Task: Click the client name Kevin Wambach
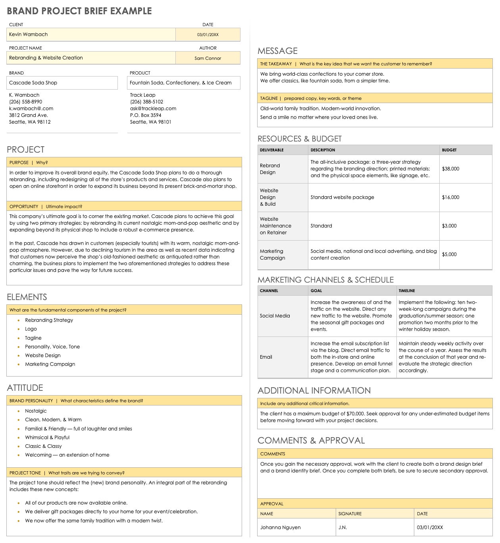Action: [29, 34]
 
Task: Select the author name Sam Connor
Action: [208, 58]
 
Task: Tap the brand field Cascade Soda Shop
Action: [33, 83]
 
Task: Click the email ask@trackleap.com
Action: [153, 109]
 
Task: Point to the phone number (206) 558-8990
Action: [25, 102]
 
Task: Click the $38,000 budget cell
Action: [450, 169]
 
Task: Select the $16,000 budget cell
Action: [450, 197]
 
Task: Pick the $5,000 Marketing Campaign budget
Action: [449, 254]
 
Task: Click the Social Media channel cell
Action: [275, 316]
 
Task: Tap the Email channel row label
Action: [266, 357]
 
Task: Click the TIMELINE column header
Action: [407, 291]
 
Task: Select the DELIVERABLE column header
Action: [271, 150]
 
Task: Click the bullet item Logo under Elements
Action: [31, 329]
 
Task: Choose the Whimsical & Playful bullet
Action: [47, 438]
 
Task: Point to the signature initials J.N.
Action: [342, 528]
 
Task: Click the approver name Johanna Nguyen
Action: [280, 528]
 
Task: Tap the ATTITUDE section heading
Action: [25, 388]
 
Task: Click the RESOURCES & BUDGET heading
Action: [299, 139]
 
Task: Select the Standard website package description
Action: [342, 197]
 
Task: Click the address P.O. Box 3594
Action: [146, 115]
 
